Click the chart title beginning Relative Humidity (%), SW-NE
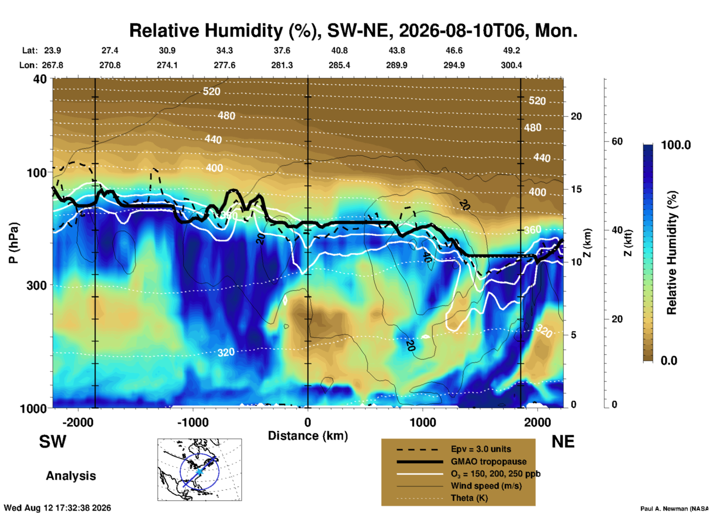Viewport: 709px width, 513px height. (x=353, y=31)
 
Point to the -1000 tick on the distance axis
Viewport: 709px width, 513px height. (x=193, y=422)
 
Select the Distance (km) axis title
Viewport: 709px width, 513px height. (x=308, y=436)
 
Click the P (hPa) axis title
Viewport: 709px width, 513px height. (x=13, y=243)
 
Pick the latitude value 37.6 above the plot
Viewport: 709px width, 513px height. (x=282, y=50)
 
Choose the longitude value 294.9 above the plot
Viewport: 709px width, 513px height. (x=454, y=65)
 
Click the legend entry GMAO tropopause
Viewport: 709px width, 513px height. (x=488, y=461)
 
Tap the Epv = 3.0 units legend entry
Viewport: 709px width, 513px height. (x=481, y=449)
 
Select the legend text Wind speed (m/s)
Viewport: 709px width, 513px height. (x=486, y=486)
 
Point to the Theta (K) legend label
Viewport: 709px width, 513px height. (x=469, y=498)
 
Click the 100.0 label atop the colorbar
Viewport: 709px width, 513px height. (x=676, y=145)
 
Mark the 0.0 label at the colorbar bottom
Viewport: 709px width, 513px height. (x=669, y=360)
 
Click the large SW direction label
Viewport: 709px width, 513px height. (x=53, y=442)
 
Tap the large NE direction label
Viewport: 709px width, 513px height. (x=563, y=442)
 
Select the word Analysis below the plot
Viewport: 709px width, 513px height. (x=71, y=476)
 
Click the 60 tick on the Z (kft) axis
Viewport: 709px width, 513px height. (x=617, y=141)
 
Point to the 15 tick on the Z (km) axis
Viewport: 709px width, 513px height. (x=576, y=189)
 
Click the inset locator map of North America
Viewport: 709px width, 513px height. (x=200, y=470)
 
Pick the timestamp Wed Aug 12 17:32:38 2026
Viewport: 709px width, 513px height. (x=57, y=508)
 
